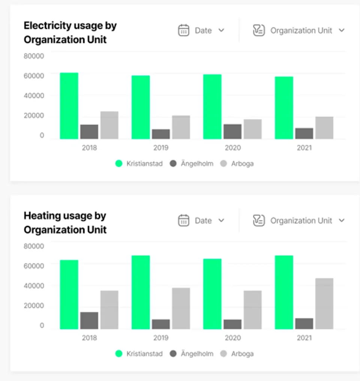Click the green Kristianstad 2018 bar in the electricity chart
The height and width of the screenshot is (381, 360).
(69, 106)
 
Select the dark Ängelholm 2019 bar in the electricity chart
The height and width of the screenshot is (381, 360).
(161, 134)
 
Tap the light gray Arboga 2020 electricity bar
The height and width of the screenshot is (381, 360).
(253, 129)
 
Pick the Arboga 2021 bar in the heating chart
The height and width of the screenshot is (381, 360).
(324, 304)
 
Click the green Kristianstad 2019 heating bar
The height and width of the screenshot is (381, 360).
(141, 292)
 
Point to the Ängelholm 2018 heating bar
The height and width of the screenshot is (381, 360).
(89, 321)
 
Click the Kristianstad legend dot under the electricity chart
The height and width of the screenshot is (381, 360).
(119, 164)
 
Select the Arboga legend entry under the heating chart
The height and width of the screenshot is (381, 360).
(237, 354)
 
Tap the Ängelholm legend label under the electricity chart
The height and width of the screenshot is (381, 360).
(197, 164)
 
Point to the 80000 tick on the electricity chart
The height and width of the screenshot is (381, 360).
(34, 56)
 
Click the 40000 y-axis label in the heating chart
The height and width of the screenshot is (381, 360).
(34, 286)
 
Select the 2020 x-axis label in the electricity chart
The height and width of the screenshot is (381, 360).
(232, 148)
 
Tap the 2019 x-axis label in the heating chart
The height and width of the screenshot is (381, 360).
(161, 338)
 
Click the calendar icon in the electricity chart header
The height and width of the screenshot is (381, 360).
(183, 30)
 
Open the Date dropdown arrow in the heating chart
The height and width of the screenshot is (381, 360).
(221, 220)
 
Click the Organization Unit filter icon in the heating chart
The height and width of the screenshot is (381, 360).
(259, 220)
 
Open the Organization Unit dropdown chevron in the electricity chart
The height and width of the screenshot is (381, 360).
(342, 30)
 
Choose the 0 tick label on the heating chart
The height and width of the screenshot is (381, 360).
(42, 325)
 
